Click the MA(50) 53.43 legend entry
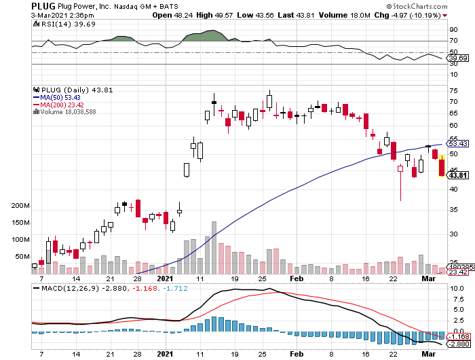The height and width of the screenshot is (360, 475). (60, 96)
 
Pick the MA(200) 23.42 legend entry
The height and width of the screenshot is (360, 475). (61, 104)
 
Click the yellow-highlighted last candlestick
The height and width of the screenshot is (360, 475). (442, 166)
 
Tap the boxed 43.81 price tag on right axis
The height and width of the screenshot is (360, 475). (459, 175)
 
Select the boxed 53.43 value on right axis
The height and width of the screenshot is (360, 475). (459, 144)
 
